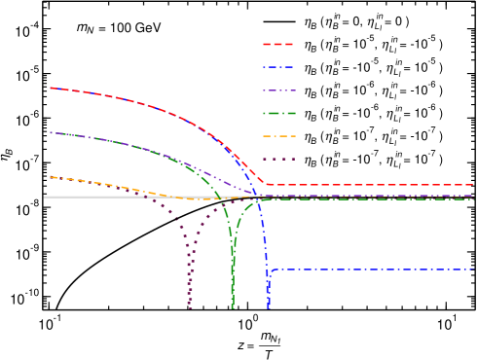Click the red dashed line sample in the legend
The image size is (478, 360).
click(x=278, y=44)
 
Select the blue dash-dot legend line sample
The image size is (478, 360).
click(x=278, y=67)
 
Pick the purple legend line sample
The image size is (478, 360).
click(x=278, y=90)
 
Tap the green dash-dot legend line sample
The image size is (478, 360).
click(x=278, y=114)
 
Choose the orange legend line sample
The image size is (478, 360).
click(x=278, y=136)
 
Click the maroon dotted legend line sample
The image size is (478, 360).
click(x=278, y=160)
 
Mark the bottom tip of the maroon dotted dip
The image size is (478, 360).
click(x=190, y=308)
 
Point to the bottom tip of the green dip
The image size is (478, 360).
click(x=233, y=308)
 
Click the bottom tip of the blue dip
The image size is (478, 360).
click(x=268, y=308)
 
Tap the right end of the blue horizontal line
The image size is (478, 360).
click(x=474, y=269)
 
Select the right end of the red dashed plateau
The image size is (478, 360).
click(x=474, y=185)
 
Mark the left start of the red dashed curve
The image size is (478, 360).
click(x=51, y=88)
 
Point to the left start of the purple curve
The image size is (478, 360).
click(x=51, y=132)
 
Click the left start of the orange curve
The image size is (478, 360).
click(x=51, y=177)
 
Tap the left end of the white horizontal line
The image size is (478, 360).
click(x=44, y=197)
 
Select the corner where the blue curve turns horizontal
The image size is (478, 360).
click(x=270, y=270)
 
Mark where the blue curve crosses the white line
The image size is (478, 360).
click(x=259, y=197)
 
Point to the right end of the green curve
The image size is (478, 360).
click(x=474, y=198)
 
